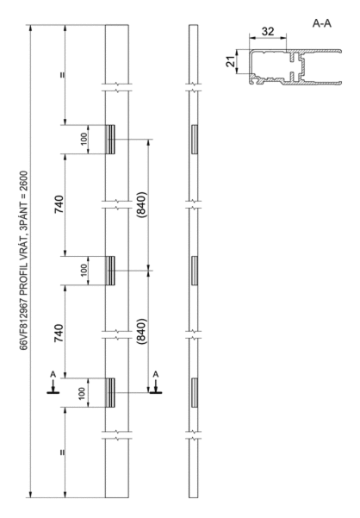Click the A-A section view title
pos(322,23)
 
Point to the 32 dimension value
pos(268,31)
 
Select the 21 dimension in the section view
pos(231,61)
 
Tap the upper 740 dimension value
pos(59,204)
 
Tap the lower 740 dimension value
pos(59,334)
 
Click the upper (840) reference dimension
pos(141,204)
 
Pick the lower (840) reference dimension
pos(141,332)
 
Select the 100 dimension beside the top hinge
pos(84,139)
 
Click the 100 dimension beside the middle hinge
pos(84,270)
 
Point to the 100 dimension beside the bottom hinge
pos(82,392)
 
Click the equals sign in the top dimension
pos(62,75)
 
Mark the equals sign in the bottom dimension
pos(62,452)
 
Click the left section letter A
pos(53,374)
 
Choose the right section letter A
pos(156,374)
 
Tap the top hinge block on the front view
pos(110,140)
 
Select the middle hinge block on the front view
pos(110,271)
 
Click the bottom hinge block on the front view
pos(110,392)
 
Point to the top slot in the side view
pos(194,140)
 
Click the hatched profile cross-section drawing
pos(295,67)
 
